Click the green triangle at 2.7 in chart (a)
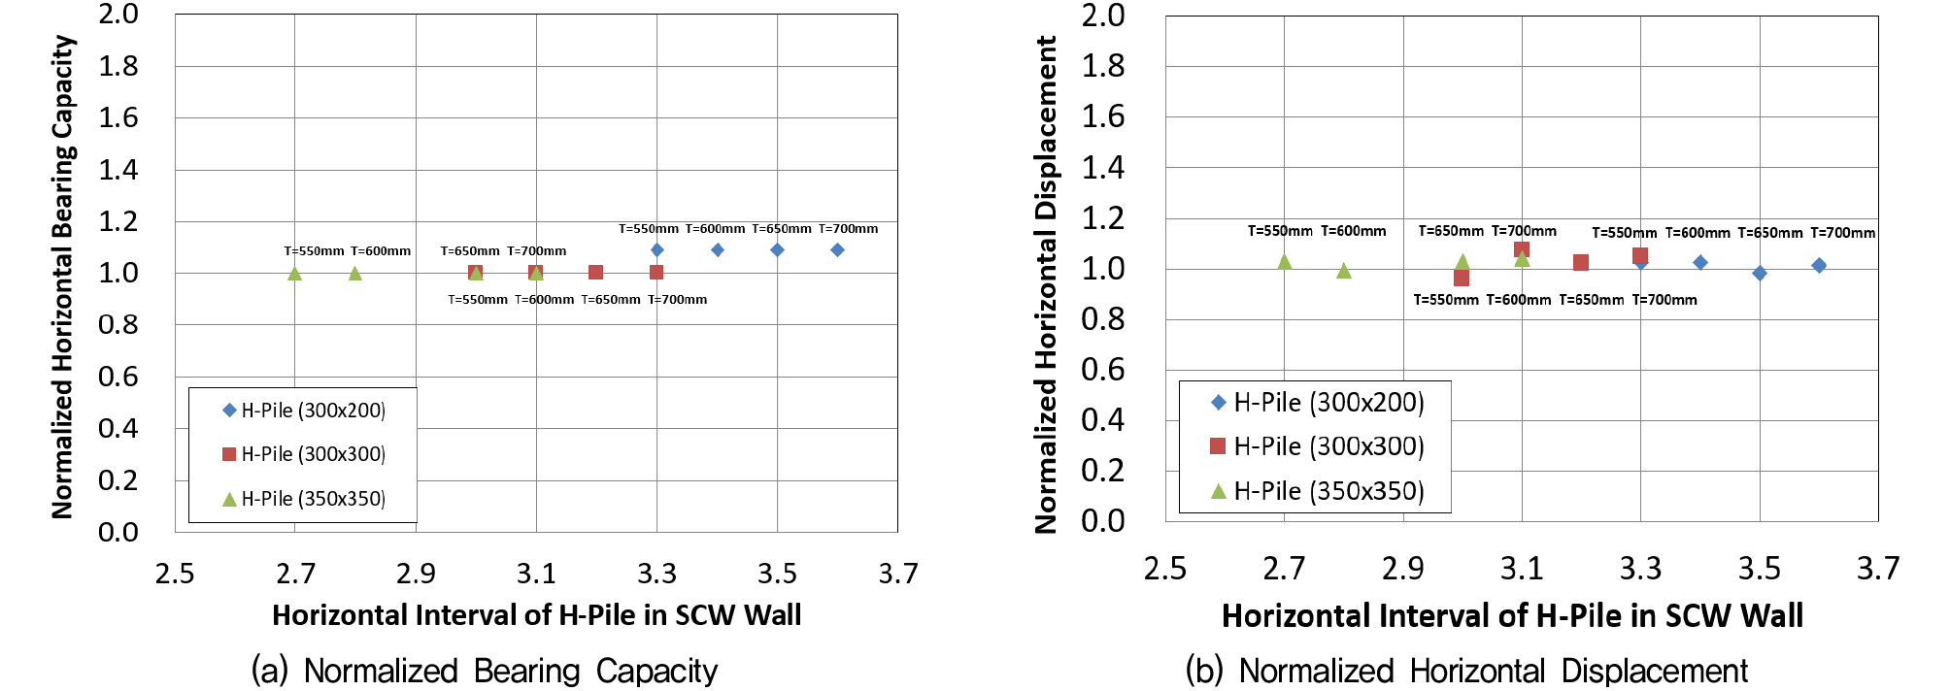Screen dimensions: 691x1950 [x=295, y=274]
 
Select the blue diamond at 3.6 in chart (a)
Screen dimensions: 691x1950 [x=837, y=250]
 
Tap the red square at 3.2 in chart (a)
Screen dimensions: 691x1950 [x=596, y=273]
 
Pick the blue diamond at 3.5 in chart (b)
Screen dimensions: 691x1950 [x=1760, y=274]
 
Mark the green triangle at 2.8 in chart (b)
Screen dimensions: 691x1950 [x=1344, y=271]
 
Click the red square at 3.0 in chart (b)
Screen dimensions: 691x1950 [x=1462, y=279]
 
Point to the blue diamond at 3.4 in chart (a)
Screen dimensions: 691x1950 [x=717, y=250]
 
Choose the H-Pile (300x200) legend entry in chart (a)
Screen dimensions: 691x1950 [x=303, y=411]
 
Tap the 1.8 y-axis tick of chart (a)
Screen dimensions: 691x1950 [x=118, y=66]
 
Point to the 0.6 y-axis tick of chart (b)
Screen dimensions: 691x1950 [x=1103, y=370]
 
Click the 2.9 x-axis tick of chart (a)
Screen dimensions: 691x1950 [x=416, y=574]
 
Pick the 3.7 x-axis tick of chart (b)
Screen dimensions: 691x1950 [x=1878, y=569]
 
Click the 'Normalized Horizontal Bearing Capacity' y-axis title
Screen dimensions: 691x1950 [x=63, y=277]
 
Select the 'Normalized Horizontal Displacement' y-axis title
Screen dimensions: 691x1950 [x=1046, y=284]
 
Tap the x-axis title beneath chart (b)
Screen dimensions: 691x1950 [x=1512, y=616]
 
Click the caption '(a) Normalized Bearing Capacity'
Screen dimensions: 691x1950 [x=485, y=671]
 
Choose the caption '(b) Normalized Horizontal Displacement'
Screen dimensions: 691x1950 [x=1466, y=671]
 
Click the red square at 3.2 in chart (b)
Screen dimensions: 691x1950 [x=1581, y=263]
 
